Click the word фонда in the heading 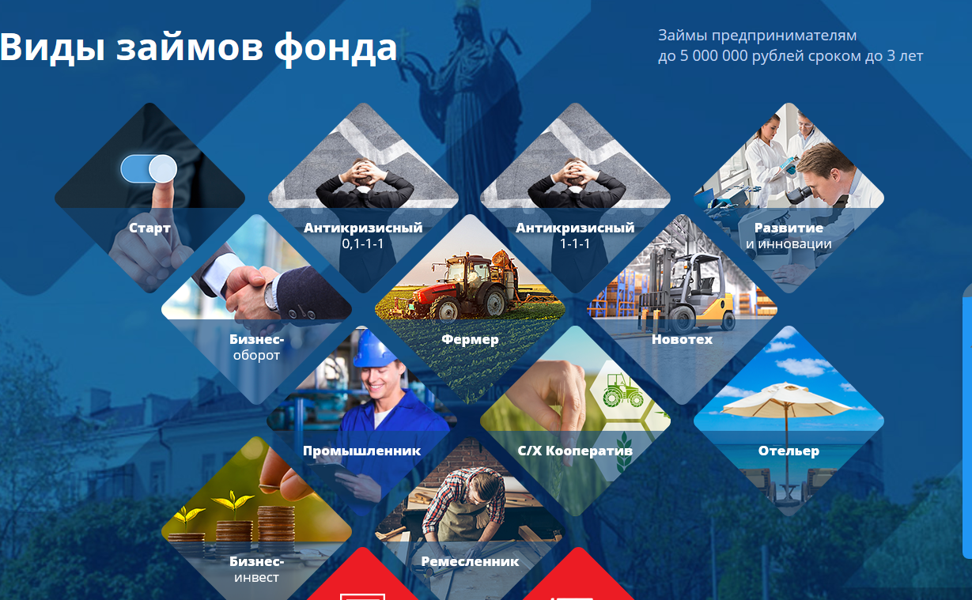click(x=335, y=47)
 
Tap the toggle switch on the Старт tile click(x=149, y=168)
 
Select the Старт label click(x=149, y=228)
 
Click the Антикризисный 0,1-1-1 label click(x=363, y=236)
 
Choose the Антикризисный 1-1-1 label click(x=575, y=236)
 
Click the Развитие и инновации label click(x=789, y=236)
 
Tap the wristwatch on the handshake click(x=272, y=296)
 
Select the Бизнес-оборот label click(x=256, y=347)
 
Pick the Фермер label click(x=470, y=339)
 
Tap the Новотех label click(x=682, y=339)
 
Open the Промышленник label click(x=362, y=451)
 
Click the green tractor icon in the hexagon click(x=622, y=391)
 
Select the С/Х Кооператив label click(x=575, y=451)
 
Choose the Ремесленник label click(x=470, y=561)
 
